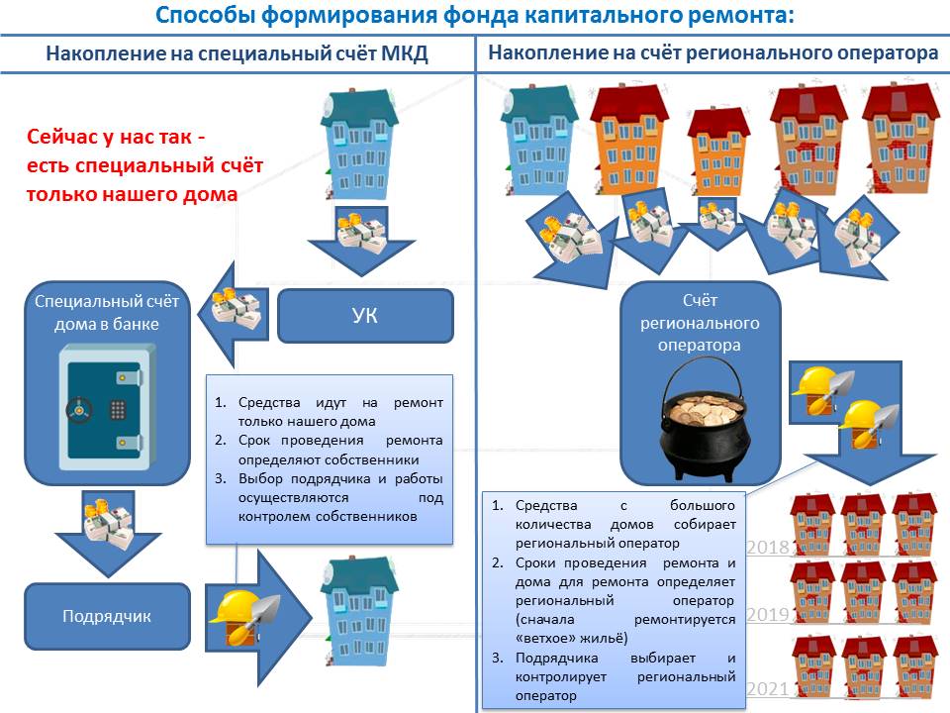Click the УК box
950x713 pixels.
[365, 316]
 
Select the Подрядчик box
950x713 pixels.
[106, 616]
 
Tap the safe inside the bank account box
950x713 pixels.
[106, 407]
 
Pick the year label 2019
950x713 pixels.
[767, 615]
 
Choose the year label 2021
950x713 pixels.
[767, 687]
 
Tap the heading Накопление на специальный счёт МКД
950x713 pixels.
[237, 54]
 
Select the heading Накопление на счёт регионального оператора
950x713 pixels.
[713, 54]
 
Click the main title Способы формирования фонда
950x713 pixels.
[475, 16]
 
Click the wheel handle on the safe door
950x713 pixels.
[76, 408]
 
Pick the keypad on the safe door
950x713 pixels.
[117, 408]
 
